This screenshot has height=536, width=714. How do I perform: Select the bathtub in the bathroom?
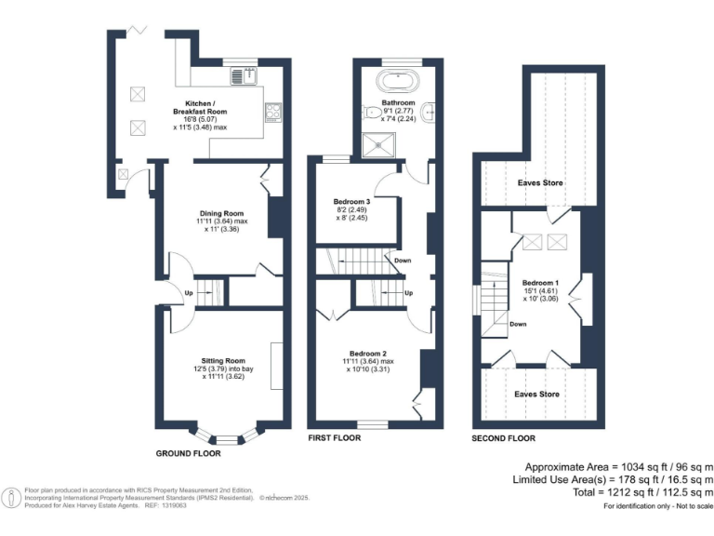pos(399,78)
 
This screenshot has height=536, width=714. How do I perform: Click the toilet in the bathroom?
pos(364,114)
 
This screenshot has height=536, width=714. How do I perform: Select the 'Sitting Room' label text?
pos(223,360)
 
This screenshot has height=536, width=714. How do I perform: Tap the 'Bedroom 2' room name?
pos(368,353)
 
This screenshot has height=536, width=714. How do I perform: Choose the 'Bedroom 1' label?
pos(540,282)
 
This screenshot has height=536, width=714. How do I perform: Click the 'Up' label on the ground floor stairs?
pos(189,293)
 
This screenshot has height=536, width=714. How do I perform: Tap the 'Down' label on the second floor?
pos(519,325)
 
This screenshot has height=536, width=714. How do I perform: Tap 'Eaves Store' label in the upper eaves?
pos(540,183)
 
